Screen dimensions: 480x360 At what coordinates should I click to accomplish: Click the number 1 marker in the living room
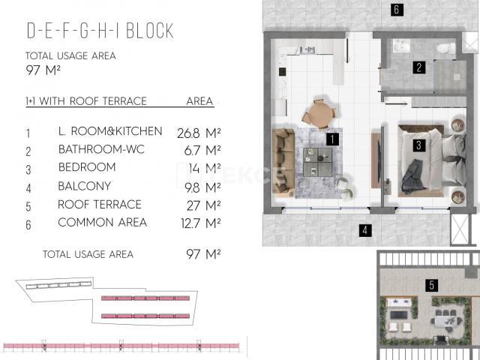(x=332, y=139)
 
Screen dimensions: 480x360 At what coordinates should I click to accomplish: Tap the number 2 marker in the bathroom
(x=418, y=67)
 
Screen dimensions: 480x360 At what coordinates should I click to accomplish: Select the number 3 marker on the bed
(x=418, y=145)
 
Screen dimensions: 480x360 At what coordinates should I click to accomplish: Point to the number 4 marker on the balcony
(x=365, y=230)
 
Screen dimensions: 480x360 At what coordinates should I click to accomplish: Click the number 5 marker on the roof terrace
(x=432, y=285)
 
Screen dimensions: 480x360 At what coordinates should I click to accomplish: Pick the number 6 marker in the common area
(x=397, y=10)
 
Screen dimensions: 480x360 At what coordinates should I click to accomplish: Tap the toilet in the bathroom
(x=445, y=48)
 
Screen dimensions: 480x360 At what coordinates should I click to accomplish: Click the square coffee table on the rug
(x=318, y=162)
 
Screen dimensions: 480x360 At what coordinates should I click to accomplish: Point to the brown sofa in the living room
(x=283, y=160)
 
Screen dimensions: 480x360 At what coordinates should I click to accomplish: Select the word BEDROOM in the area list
(x=87, y=167)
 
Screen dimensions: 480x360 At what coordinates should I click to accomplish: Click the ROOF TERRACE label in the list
(x=100, y=205)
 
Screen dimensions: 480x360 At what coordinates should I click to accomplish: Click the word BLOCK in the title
(x=150, y=31)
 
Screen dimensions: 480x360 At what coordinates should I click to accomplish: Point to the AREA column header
(x=199, y=101)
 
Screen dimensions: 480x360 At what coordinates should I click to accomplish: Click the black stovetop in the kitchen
(x=282, y=72)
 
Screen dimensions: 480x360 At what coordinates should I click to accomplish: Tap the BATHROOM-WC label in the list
(x=101, y=149)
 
